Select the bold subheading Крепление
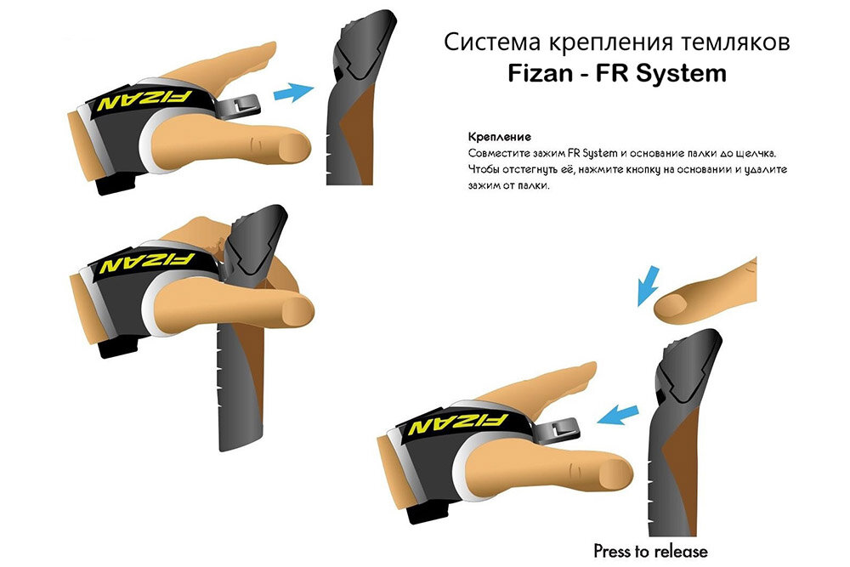[x=500, y=137]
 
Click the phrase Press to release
[x=650, y=550]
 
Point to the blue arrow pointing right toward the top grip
[x=294, y=92]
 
